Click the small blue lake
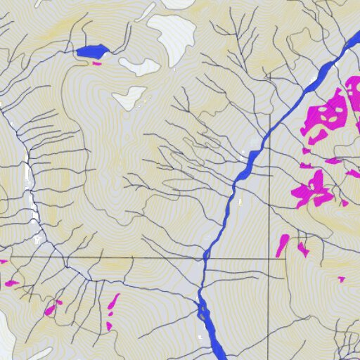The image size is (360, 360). click(x=92, y=51)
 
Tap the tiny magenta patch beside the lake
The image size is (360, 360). click(x=97, y=63)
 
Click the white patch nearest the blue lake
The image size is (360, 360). click(x=139, y=67)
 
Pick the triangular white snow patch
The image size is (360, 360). click(x=131, y=98)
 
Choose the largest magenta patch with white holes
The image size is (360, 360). click(x=326, y=115)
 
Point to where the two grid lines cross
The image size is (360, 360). click(x=271, y=258)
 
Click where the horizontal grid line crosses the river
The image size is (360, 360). click(x=206, y=258)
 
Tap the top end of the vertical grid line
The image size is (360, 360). click(x=271, y=72)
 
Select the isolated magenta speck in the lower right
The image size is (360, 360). click(x=342, y=279)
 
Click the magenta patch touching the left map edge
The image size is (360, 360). click(x=3, y=262)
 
